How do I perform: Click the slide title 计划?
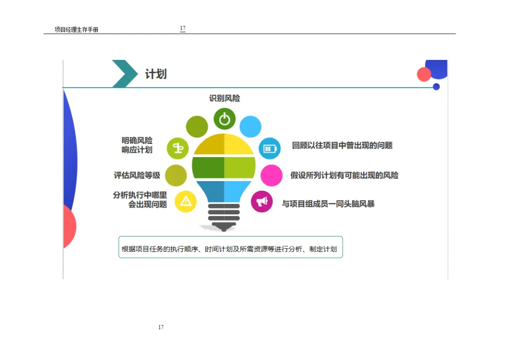tap(155, 74)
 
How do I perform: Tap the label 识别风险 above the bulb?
tap(224, 98)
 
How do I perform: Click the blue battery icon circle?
tap(270, 149)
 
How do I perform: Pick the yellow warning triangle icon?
tap(186, 201)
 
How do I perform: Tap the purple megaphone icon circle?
tap(262, 201)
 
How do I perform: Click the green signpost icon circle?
tap(178, 149)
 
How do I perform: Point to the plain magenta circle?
tap(272, 175)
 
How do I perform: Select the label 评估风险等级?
tap(137, 176)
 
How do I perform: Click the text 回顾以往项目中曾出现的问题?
tap(342, 145)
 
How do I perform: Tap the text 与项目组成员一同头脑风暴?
tap(328, 204)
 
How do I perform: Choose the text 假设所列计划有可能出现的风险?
tap(344, 176)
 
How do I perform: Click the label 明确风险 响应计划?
tap(137, 145)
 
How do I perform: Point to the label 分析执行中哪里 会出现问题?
tap(140, 200)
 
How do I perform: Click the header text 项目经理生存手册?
tap(76, 30)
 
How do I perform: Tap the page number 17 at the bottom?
tap(161, 327)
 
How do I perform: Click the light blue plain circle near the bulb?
tap(250, 126)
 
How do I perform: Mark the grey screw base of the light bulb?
tap(223, 217)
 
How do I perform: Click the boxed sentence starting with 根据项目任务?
tap(230, 249)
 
